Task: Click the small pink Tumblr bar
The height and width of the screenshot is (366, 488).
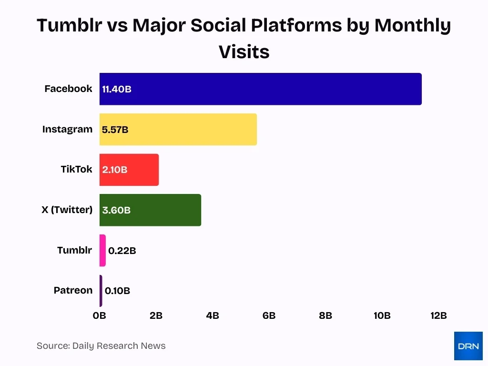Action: pos(102,250)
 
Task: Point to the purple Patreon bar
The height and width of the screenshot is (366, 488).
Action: pos(101,291)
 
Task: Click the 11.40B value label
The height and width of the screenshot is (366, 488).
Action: pos(117,89)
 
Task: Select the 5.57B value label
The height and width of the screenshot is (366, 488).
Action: pos(115,130)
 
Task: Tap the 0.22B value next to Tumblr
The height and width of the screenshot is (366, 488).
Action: pos(122,251)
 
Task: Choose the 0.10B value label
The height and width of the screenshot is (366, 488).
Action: pos(117,291)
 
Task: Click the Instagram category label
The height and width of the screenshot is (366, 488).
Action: pos(67,129)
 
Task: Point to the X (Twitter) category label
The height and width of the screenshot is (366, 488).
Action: pos(67,210)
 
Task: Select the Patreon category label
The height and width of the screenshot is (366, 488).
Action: pos(73,290)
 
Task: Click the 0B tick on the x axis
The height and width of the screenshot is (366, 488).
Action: pos(100,315)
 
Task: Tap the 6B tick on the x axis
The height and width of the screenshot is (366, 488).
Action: pos(269,315)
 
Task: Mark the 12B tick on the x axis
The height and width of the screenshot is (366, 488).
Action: pos(438,315)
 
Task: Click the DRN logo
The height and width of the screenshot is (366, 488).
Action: pos(468,346)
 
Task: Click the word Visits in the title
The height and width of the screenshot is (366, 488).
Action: pos(244,52)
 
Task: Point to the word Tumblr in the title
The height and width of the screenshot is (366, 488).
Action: pos(69,26)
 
